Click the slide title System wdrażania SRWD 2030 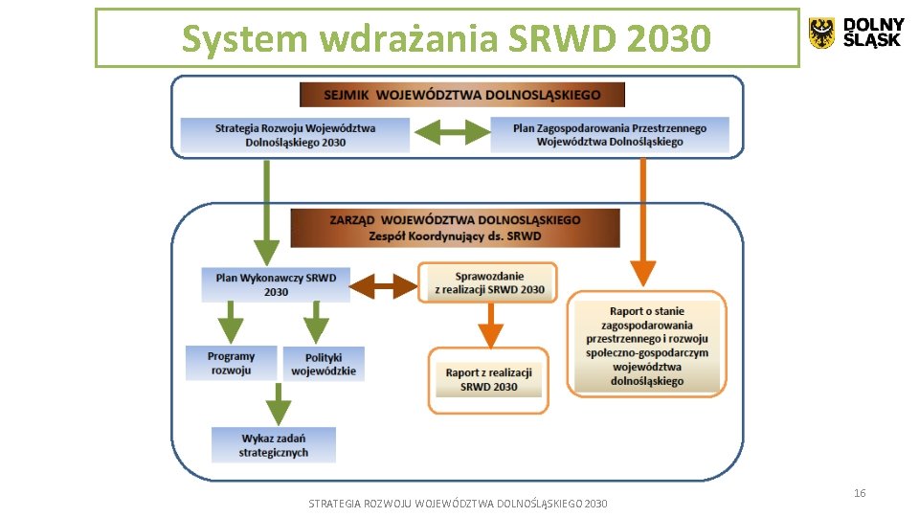(446, 39)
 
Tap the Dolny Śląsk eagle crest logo (821, 33)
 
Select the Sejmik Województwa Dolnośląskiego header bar (461, 95)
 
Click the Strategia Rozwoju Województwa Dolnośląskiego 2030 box (295, 135)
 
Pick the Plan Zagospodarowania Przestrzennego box (610, 135)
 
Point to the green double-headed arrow (450, 133)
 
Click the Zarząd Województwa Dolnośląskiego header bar (455, 228)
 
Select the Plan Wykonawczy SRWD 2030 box (276, 284)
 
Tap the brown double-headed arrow (384, 284)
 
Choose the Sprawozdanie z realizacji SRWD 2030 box (489, 282)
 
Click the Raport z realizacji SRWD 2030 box (488, 380)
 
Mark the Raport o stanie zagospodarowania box (647, 346)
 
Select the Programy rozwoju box (231, 363)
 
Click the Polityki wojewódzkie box (324, 364)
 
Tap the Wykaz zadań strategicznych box (274, 445)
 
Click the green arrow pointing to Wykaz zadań (279, 404)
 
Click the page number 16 (859, 493)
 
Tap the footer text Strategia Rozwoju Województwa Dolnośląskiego (458, 504)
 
